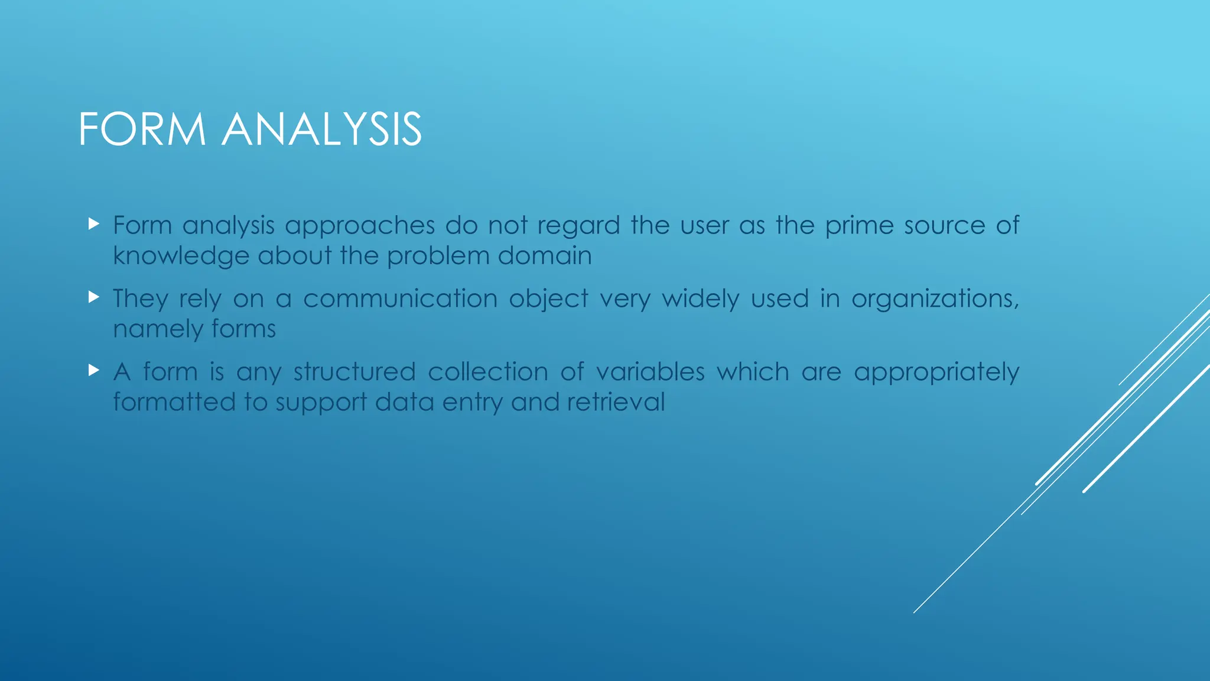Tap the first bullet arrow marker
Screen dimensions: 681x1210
[x=93, y=224]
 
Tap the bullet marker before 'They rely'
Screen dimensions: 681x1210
[x=93, y=297]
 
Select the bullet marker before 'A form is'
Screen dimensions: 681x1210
[x=93, y=371]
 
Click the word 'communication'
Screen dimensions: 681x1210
[x=400, y=299]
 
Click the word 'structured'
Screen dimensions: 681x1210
[x=354, y=372]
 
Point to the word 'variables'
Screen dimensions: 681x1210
[x=650, y=372]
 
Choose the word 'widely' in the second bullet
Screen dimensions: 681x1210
[x=700, y=299]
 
